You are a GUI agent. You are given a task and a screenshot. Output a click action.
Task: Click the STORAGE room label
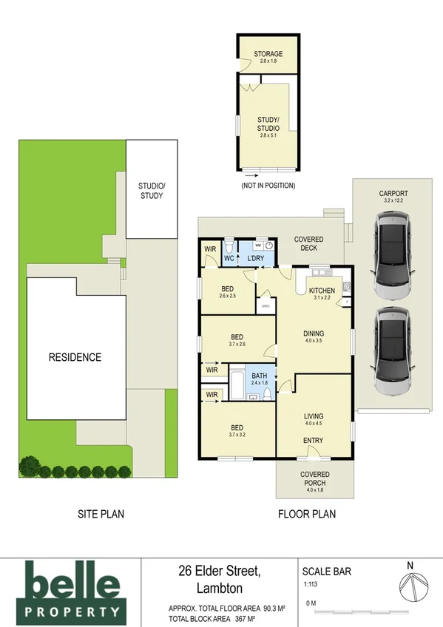point(267,54)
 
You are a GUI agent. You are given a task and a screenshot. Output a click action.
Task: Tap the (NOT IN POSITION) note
point(268,186)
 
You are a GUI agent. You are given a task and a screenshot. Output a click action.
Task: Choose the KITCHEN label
point(322,290)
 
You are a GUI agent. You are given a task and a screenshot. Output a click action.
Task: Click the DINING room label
point(313,333)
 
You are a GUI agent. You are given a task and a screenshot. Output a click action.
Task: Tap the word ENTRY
point(313,441)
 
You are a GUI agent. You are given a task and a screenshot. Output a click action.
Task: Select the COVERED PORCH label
point(315,478)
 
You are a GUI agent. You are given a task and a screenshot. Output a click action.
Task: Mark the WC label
point(229,259)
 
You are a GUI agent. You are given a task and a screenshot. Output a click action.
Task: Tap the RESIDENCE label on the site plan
point(75,357)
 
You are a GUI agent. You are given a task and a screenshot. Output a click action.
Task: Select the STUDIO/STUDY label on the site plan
point(151,191)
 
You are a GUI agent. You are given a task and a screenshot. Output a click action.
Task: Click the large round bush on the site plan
point(30,466)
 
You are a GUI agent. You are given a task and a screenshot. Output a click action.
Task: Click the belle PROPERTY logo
point(72,590)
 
